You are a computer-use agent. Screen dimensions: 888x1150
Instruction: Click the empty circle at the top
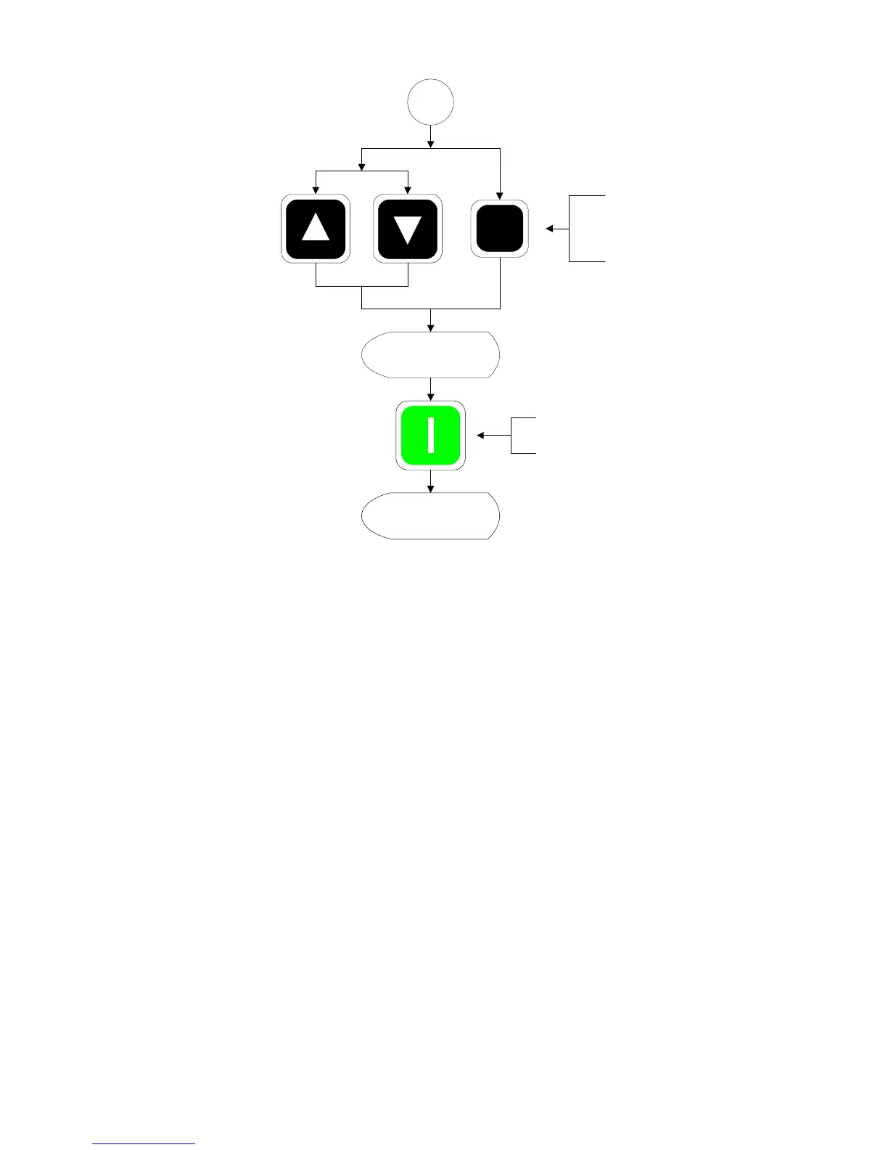[x=431, y=102]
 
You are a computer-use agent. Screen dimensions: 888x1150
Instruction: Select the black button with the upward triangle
[x=316, y=229]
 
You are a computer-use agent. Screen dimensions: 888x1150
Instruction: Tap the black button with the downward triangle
[x=407, y=229]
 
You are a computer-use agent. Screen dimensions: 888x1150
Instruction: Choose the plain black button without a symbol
[x=500, y=229]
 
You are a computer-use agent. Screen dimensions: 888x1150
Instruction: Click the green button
[x=431, y=436]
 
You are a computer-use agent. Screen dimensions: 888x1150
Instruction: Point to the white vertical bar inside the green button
[x=431, y=436]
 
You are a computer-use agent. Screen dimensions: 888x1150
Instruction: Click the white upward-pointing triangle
[x=316, y=227]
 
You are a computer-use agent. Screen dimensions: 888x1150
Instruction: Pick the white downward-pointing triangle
[x=407, y=229]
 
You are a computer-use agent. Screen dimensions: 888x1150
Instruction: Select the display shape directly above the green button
[x=431, y=355]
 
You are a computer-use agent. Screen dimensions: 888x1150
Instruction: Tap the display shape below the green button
[x=431, y=515]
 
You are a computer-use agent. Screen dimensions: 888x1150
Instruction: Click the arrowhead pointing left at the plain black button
[x=549, y=229]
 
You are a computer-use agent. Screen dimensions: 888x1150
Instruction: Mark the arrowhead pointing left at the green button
[x=480, y=436]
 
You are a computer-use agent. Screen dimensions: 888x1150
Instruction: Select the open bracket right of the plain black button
[x=585, y=228]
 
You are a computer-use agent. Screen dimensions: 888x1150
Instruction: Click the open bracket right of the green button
[x=523, y=436]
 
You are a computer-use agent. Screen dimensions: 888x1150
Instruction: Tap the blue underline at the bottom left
[x=144, y=1144]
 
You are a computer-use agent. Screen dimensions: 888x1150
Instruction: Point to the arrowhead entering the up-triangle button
[x=316, y=191]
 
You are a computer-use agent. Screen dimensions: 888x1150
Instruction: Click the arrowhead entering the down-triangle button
[x=408, y=191]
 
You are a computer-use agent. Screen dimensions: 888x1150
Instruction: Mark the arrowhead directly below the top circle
[x=431, y=144]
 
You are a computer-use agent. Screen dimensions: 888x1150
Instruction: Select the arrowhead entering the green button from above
[x=431, y=396]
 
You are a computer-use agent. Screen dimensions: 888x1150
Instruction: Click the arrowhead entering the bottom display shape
[x=431, y=489]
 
